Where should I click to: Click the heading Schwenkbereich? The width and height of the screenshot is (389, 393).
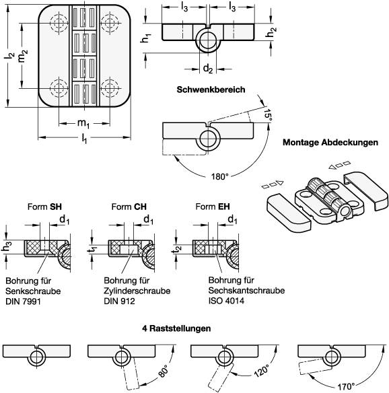(x=210, y=90)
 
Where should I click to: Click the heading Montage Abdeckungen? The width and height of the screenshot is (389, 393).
(x=330, y=143)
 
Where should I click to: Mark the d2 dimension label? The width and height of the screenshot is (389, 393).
(x=209, y=68)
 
